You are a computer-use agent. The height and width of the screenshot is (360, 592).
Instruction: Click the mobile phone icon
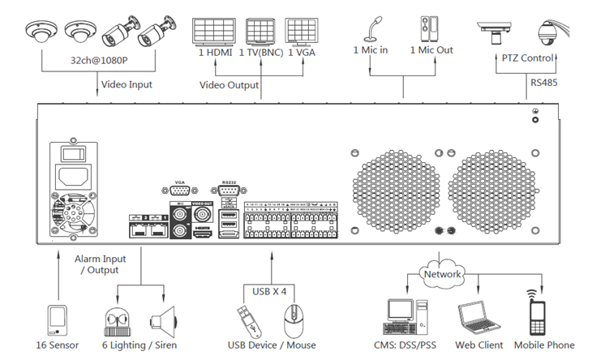(537, 313)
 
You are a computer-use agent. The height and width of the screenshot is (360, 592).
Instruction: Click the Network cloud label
(442, 274)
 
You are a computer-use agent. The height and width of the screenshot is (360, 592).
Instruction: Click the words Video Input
(126, 84)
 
